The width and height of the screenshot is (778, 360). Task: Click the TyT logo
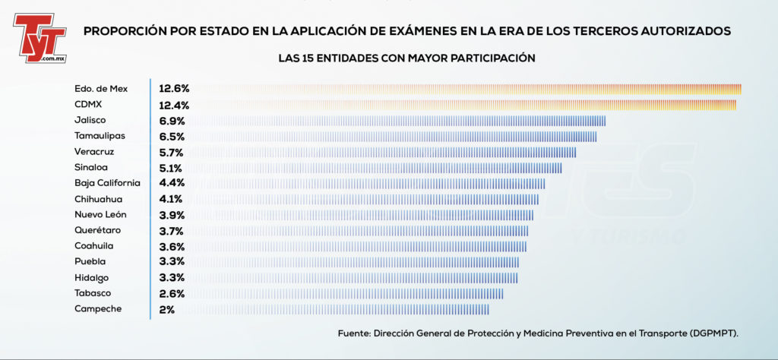click(x=40, y=38)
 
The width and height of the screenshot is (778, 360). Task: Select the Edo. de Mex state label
click(x=101, y=90)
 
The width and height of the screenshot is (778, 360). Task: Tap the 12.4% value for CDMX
click(x=174, y=105)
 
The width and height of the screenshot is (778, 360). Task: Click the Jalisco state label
click(x=90, y=121)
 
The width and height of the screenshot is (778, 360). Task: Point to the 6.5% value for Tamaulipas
click(x=172, y=137)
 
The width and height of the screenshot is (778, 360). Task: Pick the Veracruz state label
click(x=94, y=152)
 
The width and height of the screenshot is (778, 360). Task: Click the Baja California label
click(x=108, y=183)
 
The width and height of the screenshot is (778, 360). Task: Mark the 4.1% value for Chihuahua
click(x=171, y=199)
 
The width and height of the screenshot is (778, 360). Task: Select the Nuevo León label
click(x=101, y=215)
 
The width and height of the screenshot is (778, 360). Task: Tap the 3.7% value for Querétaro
click(x=172, y=231)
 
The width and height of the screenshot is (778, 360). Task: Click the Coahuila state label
click(x=94, y=246)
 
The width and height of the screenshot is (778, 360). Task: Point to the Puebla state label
click(x=90, y=261)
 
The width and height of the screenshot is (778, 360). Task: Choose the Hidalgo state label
click(x=92, y=278)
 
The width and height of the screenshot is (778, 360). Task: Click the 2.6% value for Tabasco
click(x=172, y=294)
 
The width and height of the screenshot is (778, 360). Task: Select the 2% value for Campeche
click(x=166, y=309)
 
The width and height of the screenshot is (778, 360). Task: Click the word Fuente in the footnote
click(x=353, y=333)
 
